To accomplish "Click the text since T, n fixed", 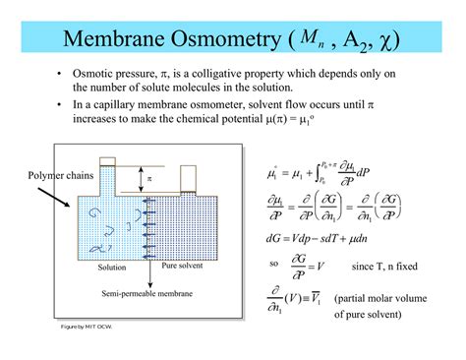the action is point(386,265).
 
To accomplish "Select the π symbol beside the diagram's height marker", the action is point(149,179).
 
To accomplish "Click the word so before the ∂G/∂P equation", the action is point(273,265).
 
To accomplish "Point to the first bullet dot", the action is point(61,75).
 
